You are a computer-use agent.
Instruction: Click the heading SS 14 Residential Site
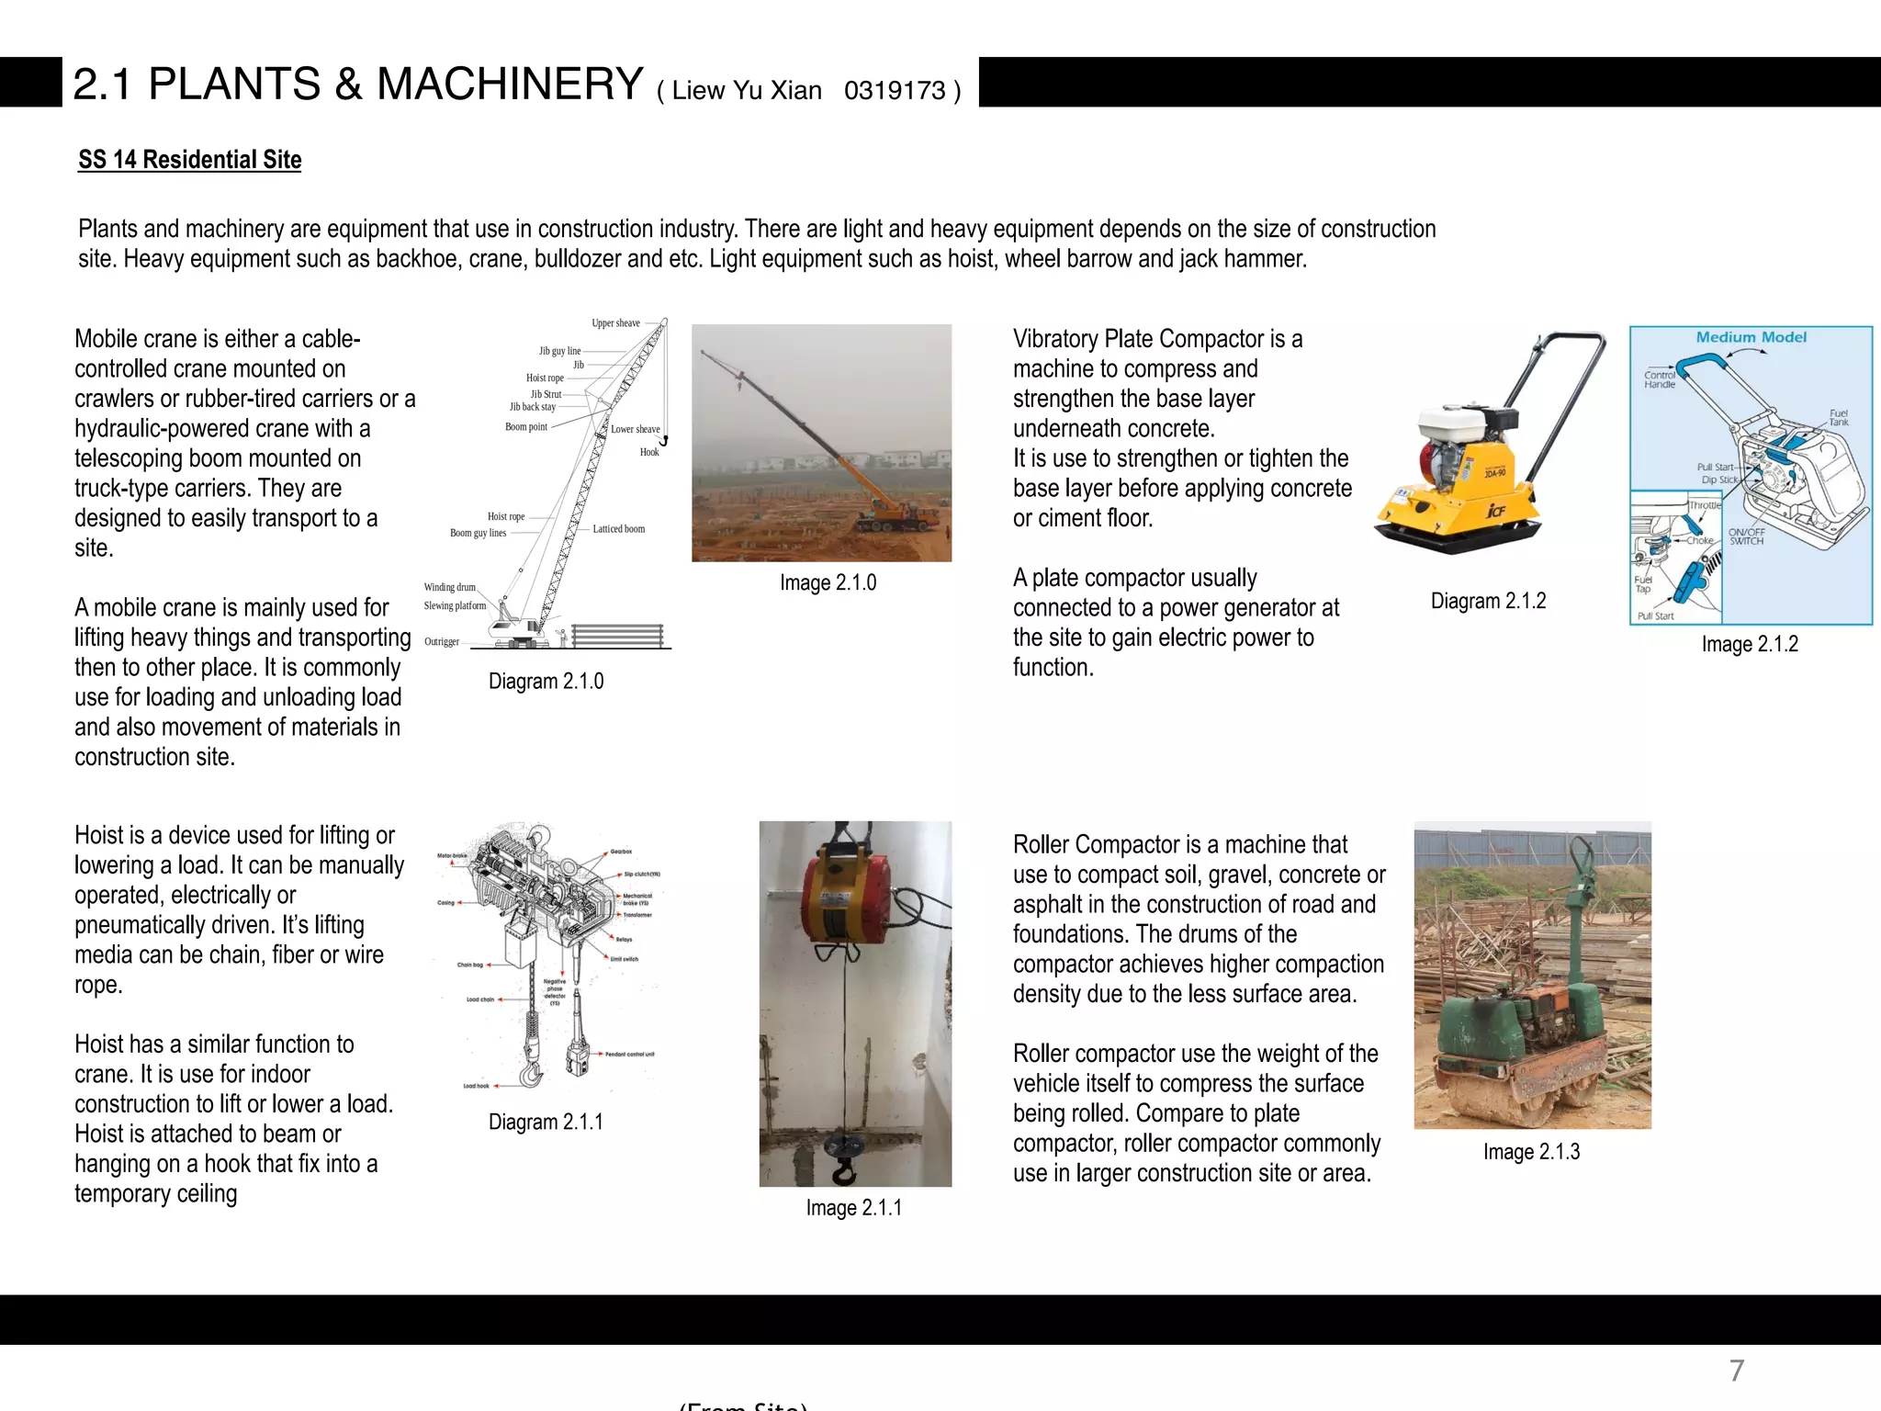click(189, 160)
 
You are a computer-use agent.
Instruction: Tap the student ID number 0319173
click(895, 90)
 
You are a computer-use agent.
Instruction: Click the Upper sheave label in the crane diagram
click(615, 323)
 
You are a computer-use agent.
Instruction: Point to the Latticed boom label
click(618, 529)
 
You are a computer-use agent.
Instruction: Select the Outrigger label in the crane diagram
click(442, 642)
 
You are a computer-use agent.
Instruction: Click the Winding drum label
click(449, 587)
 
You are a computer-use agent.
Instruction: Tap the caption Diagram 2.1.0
click(546, 682)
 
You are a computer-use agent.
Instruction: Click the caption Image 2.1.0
click(828, 583)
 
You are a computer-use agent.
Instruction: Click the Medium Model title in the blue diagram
click(1751, 338)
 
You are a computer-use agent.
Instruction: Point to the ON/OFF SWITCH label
click(1746, 536)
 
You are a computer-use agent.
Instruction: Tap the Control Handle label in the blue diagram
click(1659, 379)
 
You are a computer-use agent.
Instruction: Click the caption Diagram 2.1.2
click(1488, 602)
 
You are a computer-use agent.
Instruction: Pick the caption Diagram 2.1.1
click(546, 1123)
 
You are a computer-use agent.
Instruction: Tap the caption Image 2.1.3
click(1531, 1152)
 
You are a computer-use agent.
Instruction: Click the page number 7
click(1736, 1371)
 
